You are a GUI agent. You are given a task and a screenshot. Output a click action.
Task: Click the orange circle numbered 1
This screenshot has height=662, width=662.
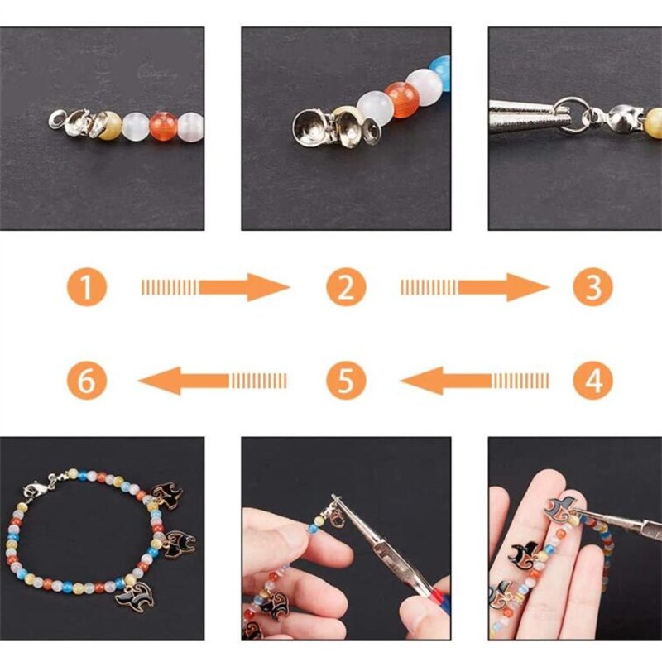click(87, 288)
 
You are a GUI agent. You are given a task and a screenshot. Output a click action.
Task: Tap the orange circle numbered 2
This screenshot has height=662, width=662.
click(346, 288)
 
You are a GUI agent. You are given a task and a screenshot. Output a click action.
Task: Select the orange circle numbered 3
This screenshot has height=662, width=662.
click(593, 288)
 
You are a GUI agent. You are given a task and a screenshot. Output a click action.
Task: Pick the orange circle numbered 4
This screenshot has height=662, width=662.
click(593, 381)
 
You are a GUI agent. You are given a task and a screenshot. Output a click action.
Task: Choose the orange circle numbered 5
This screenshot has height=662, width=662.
click(346, 381)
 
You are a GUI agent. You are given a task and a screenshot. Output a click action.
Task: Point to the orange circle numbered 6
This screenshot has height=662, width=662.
click(87, 381)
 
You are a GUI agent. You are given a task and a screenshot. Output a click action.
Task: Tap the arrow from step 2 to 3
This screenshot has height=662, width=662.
click(473, 288)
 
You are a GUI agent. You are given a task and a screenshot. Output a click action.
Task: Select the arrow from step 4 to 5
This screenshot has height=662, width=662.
click(473, 381)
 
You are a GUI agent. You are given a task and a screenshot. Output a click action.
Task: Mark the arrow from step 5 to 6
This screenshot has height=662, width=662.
click(213, 381)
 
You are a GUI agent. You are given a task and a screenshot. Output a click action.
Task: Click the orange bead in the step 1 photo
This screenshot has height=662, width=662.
click(161, 126)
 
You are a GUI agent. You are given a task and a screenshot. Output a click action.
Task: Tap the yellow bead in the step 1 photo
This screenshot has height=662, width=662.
click(108, 125)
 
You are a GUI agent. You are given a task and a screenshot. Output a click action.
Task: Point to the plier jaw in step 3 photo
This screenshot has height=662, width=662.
click(525, 113)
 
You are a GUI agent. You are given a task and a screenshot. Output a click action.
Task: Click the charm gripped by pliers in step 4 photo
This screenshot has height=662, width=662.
click(562, 513)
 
